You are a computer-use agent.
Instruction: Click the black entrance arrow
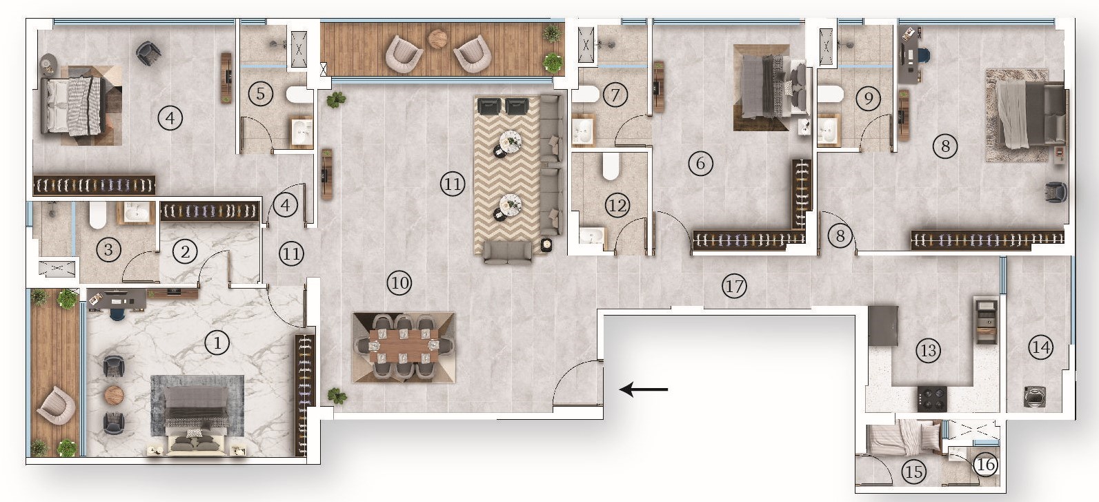pyautogui.click(x=644, y=390)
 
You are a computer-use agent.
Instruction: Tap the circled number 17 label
pyautogui.click(x=734, y=285)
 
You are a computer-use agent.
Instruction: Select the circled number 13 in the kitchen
pyautogui.click(x=929, y=350)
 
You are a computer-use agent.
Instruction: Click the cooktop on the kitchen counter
pyautogui.click(x=931, y=398)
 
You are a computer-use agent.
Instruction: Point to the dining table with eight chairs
pyautogui.click(x=404, y=347)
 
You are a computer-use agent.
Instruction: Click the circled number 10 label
pyautogui.click(x=399, y=282)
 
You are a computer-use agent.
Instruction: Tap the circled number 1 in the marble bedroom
pyautogui.click(x=217, y=342)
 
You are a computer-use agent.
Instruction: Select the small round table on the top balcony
pyautogui.click(x=437, y=38)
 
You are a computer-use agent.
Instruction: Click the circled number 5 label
pyautogui.click(x=260, y=93)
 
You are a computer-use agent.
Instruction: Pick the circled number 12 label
pyautogui.click(x=617, y=204)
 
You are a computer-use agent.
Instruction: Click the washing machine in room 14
pyautogui.click(x=1033, y=396)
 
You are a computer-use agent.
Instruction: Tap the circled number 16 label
pyautogui.click(x=986, y=465)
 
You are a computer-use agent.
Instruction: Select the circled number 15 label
pyautogui.click(x=914, y=472)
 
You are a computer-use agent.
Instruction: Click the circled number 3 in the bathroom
pyautogui.click(x=108, y=249)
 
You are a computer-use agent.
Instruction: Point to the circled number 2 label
pyautogui.click(x=184, y=251)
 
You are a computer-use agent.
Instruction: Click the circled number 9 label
pyautogui.click(x=868, y=98)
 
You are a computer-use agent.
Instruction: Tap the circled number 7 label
pyautogui.click(x=615, y=94)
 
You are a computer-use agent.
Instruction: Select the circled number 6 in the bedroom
pyautogui.click(x=700, y=164)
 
